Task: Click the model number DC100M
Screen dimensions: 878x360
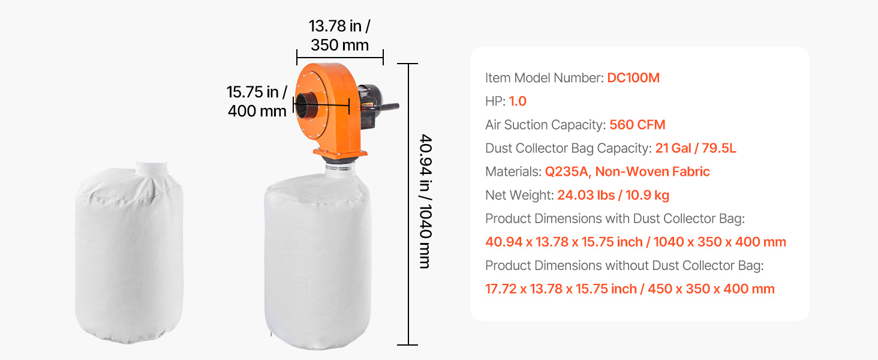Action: pos(633,77)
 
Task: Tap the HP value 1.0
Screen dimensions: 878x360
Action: pos(518,101)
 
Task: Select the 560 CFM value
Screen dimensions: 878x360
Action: pos(638,125)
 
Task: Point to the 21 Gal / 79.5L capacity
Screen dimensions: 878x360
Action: pos(696,148)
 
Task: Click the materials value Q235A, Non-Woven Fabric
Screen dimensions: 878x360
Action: pos(627,172)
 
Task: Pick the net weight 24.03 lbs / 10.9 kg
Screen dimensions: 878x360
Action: pos(614,195)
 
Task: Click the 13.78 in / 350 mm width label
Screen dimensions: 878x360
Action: pos(339,35)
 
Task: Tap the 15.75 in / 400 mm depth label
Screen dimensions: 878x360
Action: pos(257,101)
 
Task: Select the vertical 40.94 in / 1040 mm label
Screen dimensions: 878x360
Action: pos(426,202)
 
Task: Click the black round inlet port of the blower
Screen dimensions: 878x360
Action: pos(306,106)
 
